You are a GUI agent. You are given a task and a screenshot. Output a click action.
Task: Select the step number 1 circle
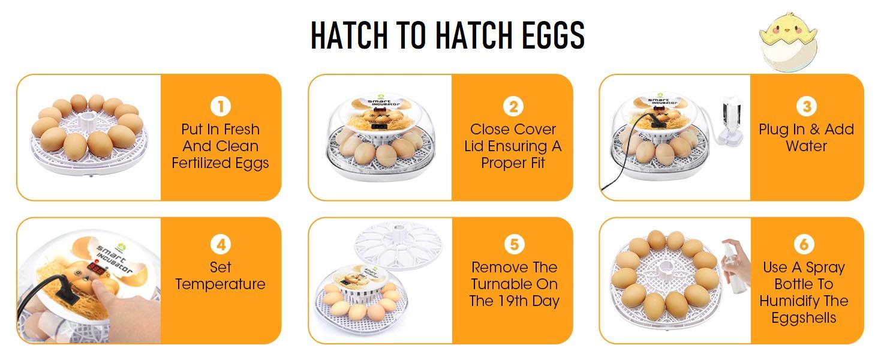[221, 107]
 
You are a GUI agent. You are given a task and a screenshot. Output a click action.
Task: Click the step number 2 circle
[513, 107]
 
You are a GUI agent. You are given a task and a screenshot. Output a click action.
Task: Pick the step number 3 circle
[806, 107]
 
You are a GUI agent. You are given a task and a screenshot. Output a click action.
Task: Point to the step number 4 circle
[221, 245]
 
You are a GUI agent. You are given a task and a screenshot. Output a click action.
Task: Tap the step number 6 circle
[804, 245]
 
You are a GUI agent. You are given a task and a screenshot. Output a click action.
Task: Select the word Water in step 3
[806, 146]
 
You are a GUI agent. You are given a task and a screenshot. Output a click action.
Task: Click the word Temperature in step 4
[220, 284]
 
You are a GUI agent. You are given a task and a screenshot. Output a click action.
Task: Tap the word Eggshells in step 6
[804, 318]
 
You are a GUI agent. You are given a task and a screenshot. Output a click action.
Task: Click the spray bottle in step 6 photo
[735, 264]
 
